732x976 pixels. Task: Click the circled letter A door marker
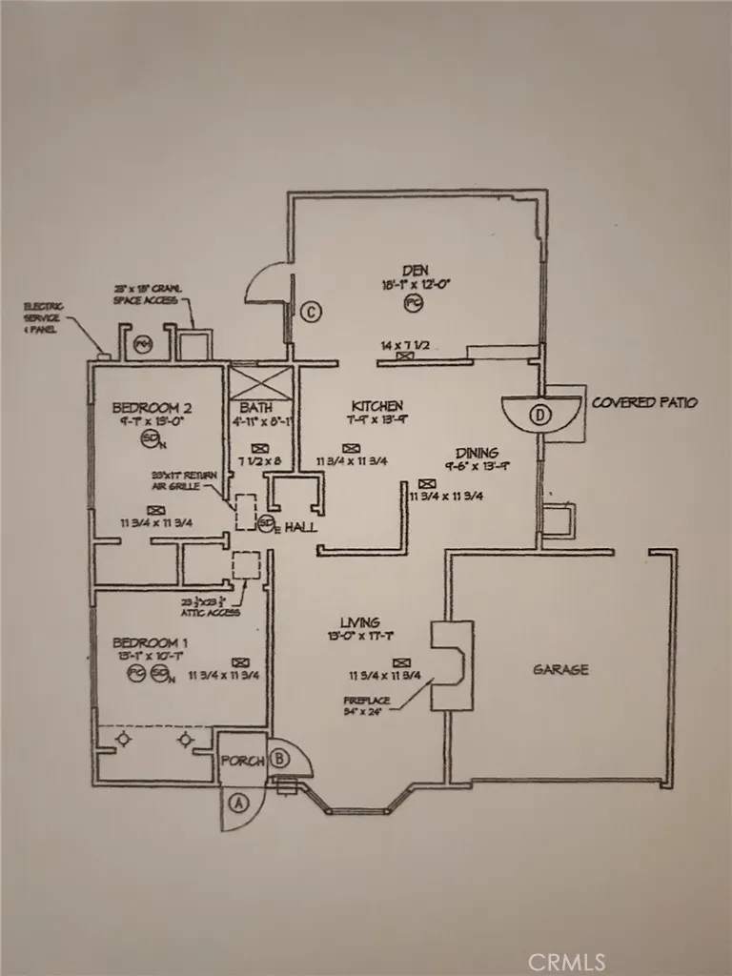click(238, 803)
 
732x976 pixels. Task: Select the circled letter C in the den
click(310, 311)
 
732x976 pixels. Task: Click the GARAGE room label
click(559, 669)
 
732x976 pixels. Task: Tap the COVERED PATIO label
click(644, 402)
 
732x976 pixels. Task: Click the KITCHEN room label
click(376, 405)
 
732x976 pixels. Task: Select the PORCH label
click(240, 762)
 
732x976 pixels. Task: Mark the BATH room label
click(255, 407)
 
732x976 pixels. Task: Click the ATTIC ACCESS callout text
click(211, 606)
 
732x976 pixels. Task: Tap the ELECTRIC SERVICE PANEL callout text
click(45, 318)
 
